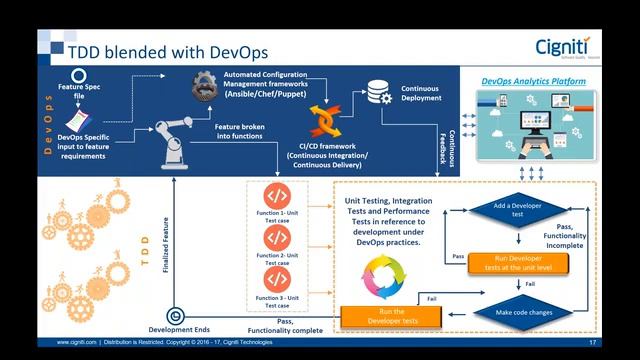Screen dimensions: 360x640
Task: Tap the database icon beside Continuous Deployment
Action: click(378, 92)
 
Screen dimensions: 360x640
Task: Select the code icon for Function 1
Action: click(277, 195)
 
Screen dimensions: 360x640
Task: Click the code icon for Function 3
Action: click(277, 279)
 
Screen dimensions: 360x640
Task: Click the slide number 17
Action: click(593, 343)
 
